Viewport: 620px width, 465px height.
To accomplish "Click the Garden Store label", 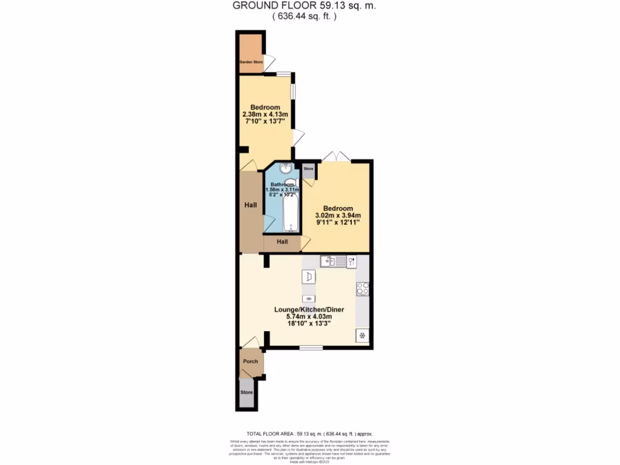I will pos(249,61).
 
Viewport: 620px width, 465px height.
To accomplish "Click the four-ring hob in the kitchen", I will pos(363,289).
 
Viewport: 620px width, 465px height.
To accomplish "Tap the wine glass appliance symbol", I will pos(351,262).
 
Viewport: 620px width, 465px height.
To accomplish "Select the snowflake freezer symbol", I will pos(363,335).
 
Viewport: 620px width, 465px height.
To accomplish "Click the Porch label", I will pos(250,361).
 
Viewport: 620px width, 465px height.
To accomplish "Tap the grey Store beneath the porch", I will pos(246,392).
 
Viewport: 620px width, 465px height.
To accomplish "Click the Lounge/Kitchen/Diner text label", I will pos(315,309).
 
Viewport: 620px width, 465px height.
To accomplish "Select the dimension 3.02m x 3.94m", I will pos(338,216).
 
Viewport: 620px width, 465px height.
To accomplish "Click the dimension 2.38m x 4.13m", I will pos(265,114).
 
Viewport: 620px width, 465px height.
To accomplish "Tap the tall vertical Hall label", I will pos(251,205).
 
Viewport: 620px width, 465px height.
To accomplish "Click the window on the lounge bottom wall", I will pos(311,348).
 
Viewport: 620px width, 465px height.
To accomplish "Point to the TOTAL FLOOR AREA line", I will pos(309,434).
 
